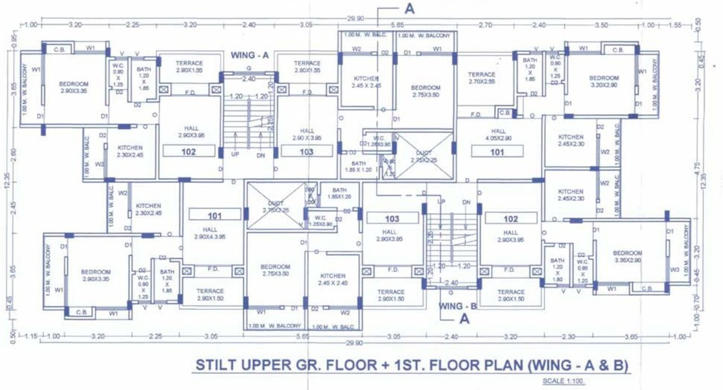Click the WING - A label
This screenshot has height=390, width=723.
(249, 55)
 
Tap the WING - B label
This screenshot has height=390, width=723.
(457, 306)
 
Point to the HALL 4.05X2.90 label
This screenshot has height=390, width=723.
(498, 135)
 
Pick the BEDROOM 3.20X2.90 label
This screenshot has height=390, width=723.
(603, 82)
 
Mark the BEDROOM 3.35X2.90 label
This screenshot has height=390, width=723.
(627, 257)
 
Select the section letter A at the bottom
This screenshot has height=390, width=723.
(464, 320)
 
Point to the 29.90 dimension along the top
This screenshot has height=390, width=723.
(355, 18)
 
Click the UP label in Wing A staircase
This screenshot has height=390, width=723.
(235, 154)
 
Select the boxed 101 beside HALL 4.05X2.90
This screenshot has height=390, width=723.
(497, 152)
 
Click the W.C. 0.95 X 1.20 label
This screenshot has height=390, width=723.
(582, 268)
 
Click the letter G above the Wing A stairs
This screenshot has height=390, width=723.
(248, 68)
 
